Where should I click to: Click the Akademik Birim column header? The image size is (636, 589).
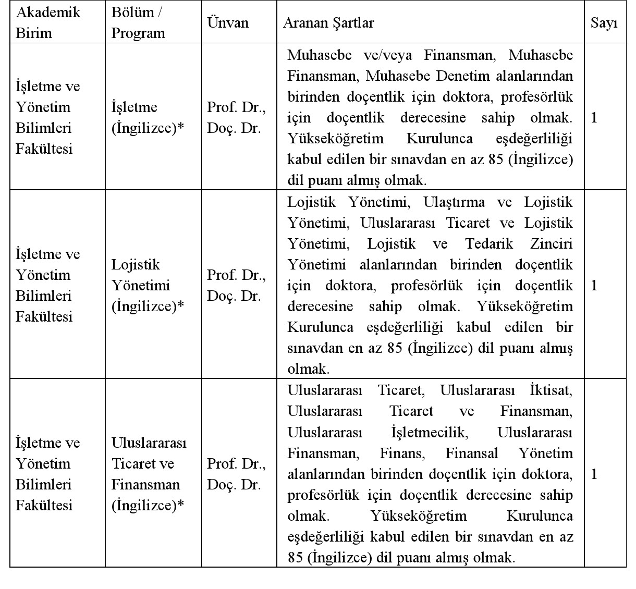click(x=48, y=22)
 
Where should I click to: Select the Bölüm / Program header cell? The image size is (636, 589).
click(x=138, y=22)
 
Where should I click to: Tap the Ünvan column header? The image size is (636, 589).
click(x=228, y=22)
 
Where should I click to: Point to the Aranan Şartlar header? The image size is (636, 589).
click(x=328, y=23)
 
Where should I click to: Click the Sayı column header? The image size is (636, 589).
click(x=604, y=23)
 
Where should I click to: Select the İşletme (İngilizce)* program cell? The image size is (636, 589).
click(x=148, y=117)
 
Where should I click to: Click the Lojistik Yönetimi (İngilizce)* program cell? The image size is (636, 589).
click(x=148, y=285)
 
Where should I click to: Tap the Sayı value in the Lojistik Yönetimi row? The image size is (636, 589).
click(x=594, y=285)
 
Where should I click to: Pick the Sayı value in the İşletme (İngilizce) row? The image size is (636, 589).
click(x=594, y=117)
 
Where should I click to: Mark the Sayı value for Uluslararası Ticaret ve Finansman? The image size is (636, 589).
click(x=594, y=474)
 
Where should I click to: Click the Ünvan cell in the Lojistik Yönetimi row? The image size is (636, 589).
click(x=236, y=285)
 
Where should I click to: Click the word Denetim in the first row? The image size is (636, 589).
click(x=463, y=76)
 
